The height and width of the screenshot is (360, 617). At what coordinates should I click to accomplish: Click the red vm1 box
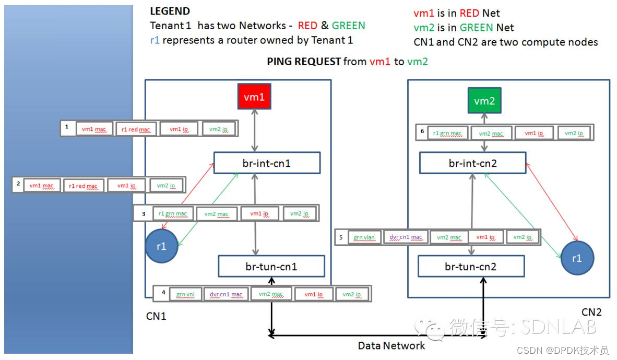click(x=255, y=97)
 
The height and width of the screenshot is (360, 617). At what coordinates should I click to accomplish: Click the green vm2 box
click(x=484, y=101)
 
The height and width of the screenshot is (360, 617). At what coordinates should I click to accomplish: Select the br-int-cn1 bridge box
click(x=267, y=163)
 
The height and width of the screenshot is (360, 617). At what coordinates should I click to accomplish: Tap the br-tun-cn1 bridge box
click(x=271, y=266)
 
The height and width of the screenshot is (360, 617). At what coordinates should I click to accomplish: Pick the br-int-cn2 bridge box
click(x=472, y=163)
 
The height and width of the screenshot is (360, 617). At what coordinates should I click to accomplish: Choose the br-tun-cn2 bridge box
click(x=471, y=267)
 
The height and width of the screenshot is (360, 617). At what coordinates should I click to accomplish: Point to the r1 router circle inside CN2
click(x=577, y=258)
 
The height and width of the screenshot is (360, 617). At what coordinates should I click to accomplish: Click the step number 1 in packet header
click(x=67, y=127)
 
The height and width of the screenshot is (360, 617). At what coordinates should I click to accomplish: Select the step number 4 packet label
click(x=163, y=293)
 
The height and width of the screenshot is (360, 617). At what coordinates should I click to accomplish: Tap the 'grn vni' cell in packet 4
click(x=185, y=294)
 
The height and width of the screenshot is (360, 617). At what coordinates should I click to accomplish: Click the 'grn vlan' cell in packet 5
click(x=364, y=237)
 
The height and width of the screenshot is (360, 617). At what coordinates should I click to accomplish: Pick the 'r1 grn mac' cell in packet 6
click(x=447, y=133)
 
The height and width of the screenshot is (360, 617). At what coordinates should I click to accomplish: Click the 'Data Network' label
click(x=391, y=345)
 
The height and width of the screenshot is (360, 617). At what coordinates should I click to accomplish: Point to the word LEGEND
click(x=170, y=11)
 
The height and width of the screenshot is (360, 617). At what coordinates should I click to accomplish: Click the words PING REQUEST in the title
click(x=304, y=62)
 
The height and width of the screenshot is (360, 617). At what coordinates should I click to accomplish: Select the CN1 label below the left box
click(x=156, y=316)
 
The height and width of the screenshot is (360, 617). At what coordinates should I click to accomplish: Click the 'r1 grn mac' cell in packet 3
click(x=172, y=213)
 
